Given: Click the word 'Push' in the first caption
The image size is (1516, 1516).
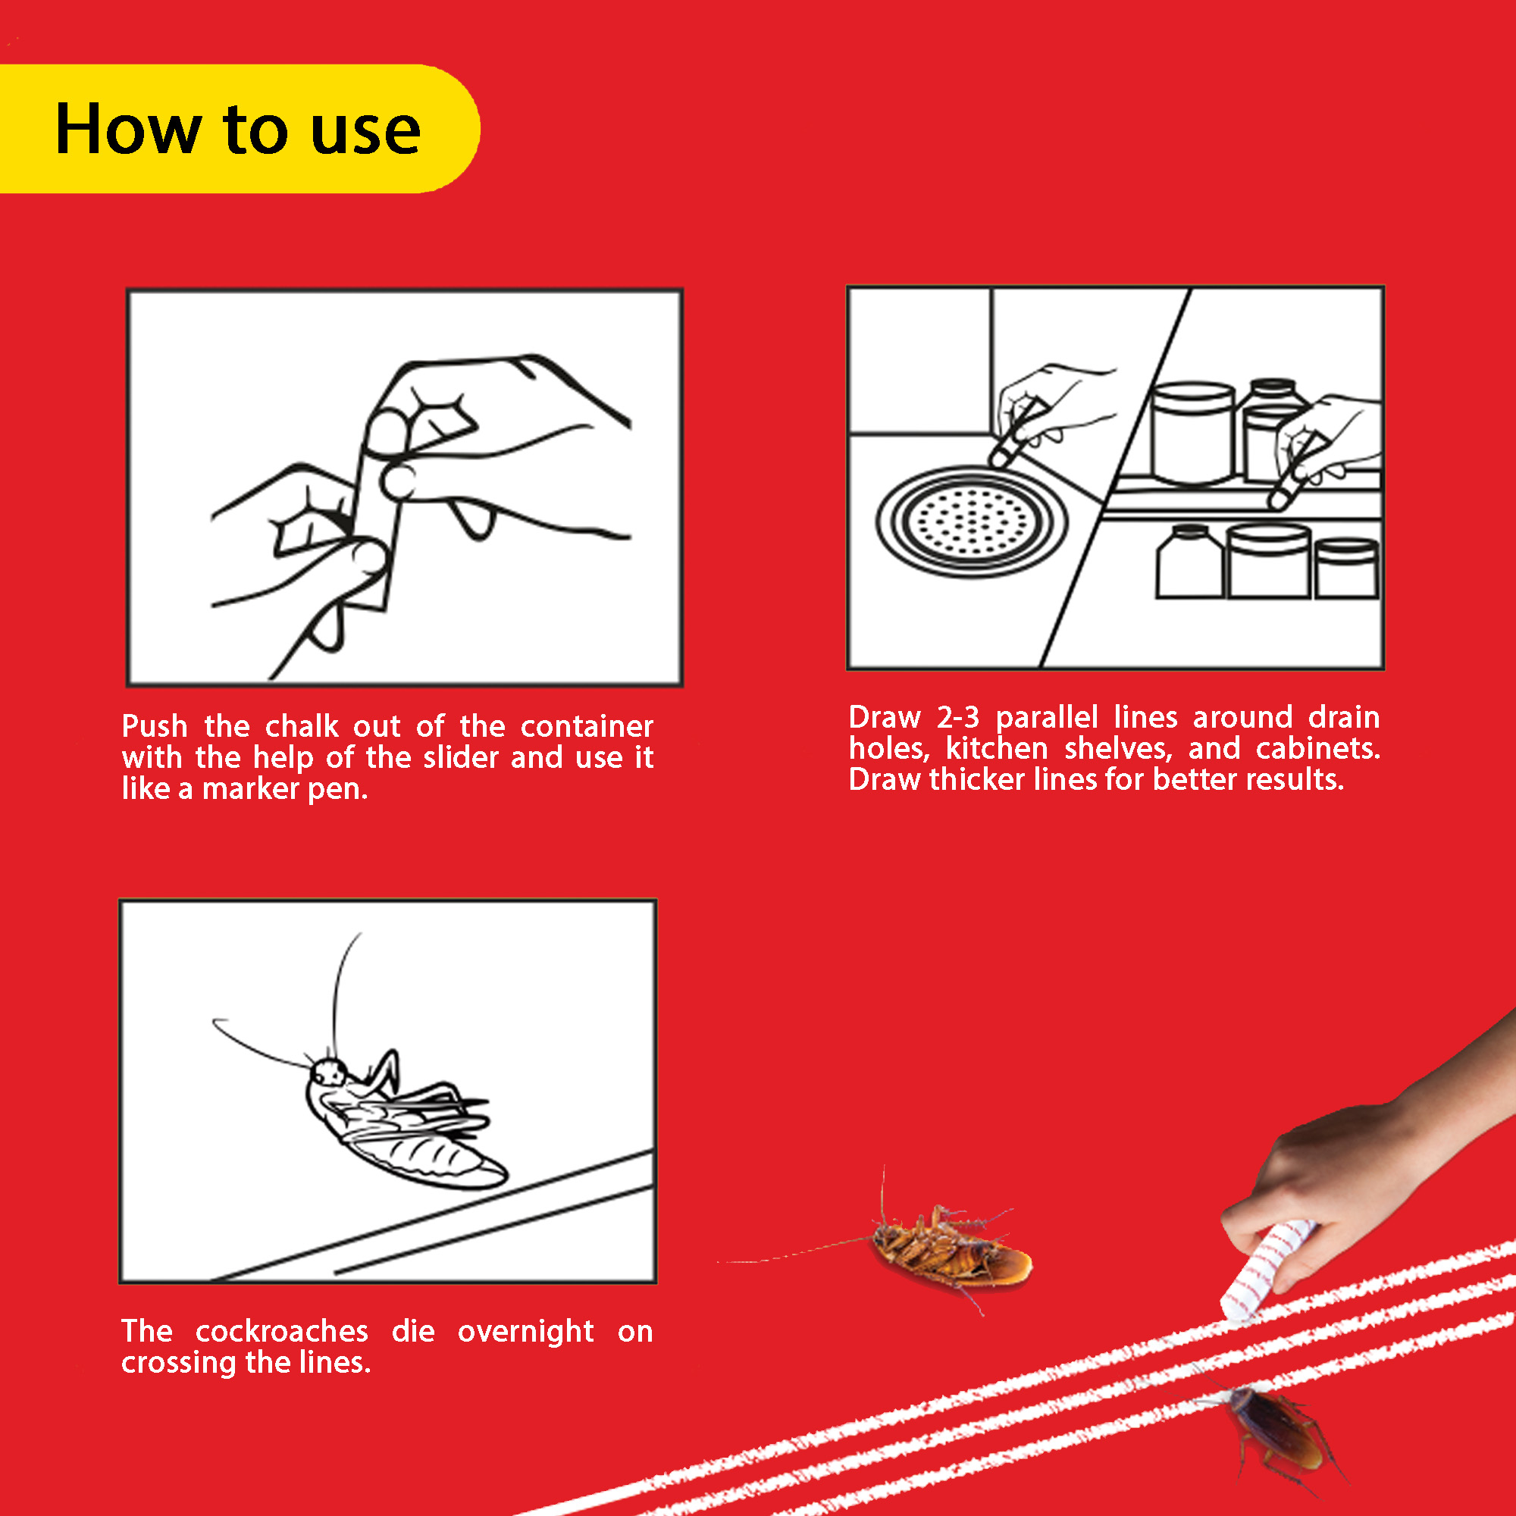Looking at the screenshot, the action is tap(155, 727).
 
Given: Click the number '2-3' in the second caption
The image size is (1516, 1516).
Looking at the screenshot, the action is tap(958, 717).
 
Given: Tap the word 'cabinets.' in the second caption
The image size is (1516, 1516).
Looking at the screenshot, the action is tap(1317, 749).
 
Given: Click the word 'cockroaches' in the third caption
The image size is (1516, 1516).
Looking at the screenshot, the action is tap(282, 1332).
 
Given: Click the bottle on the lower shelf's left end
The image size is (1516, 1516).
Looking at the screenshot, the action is tap(1189, 562).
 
